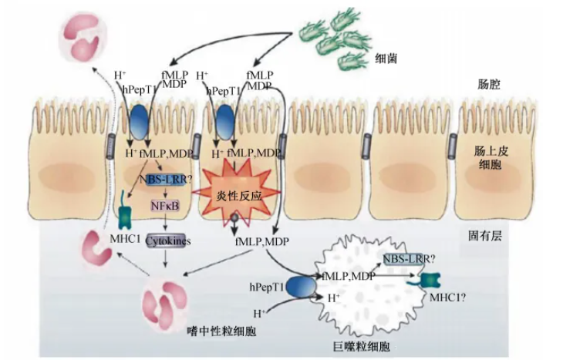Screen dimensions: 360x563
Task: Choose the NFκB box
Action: coord(164,206)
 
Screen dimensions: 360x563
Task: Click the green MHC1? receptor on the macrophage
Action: coord(426,283)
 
